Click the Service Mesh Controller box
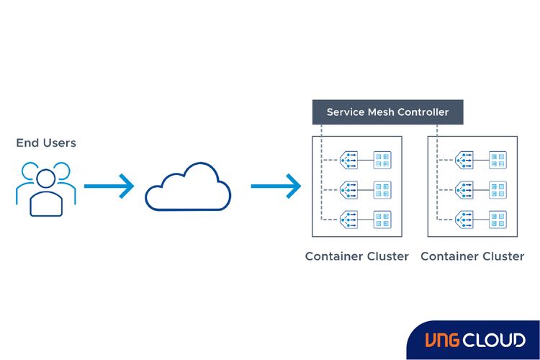point(387,112)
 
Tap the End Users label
point(46,143)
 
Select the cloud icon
point(188,187)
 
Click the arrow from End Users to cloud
point(109,186)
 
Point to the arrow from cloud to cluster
point(276,186)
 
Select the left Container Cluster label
point(356,256)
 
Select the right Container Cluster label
point(472,256)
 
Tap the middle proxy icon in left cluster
point(349,189)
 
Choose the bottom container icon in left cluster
point(382,219)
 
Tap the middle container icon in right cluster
point(498,189)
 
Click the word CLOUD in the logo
point(495,340)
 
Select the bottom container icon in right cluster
point(498,219)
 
